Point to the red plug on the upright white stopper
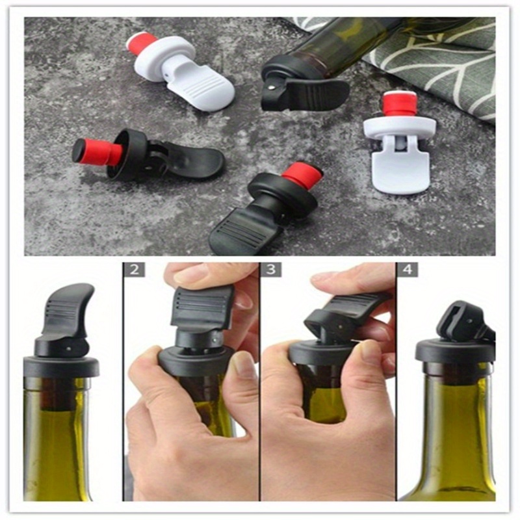[x=400, y=104]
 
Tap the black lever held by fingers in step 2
[x=201, y=305]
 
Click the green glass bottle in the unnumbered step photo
[x=58, y=442]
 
